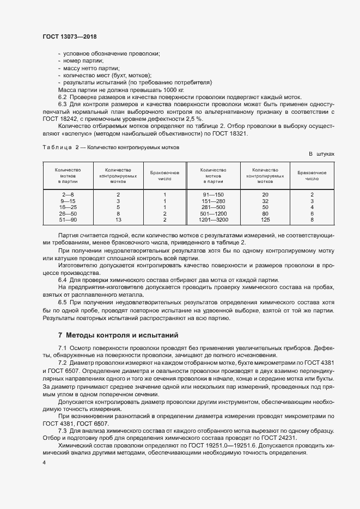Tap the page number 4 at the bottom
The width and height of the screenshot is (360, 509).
point(44,462)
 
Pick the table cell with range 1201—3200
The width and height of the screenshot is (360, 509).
point(214,219)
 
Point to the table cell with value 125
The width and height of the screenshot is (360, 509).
point(265,219)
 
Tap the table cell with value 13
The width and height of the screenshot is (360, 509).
point(118,219)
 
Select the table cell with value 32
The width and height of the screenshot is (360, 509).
point(265,201)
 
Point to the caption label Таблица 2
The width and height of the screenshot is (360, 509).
point(61,148)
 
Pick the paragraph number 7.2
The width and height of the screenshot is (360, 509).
point(63,363)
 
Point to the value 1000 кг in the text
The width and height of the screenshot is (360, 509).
point(173,89)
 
